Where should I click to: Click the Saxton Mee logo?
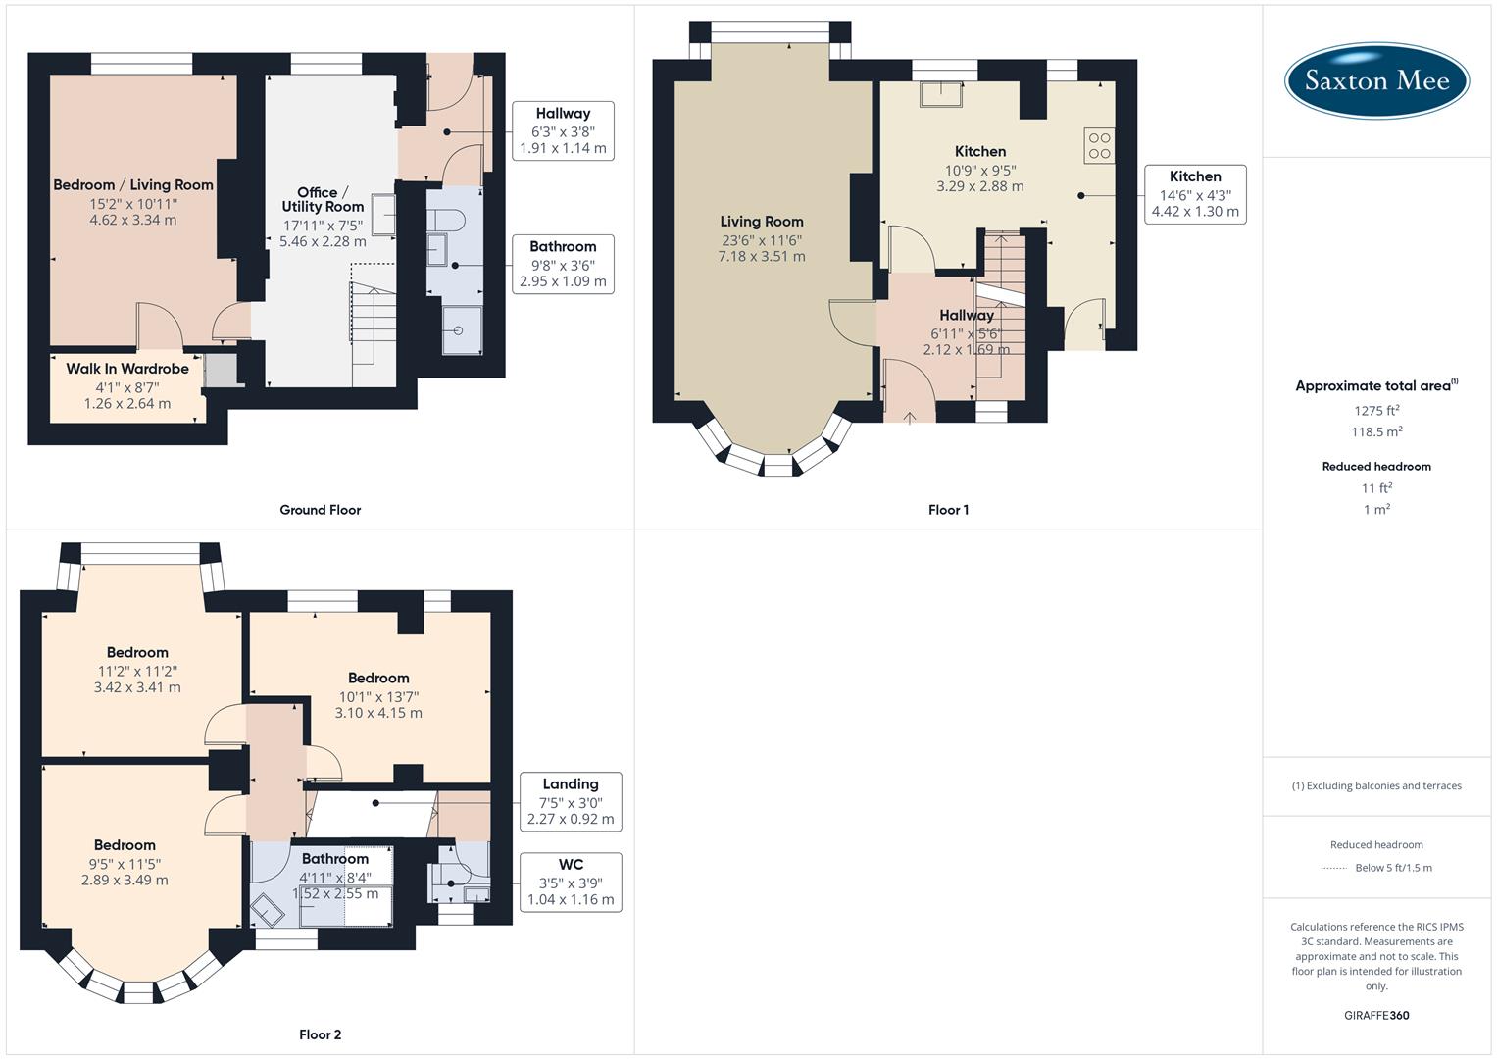point(1376,80)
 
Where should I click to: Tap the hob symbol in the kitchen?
point(1099,145)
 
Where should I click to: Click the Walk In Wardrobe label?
point(127,369)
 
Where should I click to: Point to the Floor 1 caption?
point(948,510)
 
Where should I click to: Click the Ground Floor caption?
point(320,510)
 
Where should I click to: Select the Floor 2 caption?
point(320,1034)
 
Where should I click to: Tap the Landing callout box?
point(570,801)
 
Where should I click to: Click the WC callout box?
point(570,882)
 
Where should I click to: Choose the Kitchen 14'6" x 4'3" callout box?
point(1195,194)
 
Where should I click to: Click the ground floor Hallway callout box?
point(562,130)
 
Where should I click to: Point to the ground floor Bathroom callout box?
point(562,264)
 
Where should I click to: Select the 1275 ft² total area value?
point(1376,411)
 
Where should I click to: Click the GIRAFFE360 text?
point(1376,1015)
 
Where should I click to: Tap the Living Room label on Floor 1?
point(762,222)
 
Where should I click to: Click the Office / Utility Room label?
point(323,199)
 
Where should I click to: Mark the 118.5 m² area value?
point(1376,432)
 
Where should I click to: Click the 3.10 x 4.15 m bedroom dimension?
point(378,713)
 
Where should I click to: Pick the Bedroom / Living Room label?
point(132,184)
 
